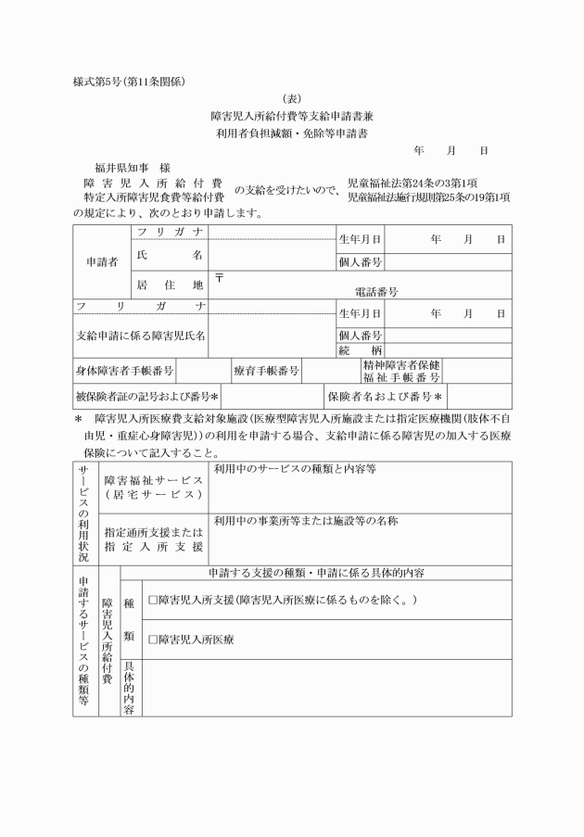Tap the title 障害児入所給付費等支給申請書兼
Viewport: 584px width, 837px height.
click(292, 117)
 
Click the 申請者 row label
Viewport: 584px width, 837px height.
click(102, 262)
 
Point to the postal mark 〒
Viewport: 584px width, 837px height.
click(220, 277)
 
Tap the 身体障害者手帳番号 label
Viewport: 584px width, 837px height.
click(125, 371)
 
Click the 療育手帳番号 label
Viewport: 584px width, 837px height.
click(266, 371)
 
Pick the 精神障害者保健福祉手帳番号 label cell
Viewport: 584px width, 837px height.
click(401, 371)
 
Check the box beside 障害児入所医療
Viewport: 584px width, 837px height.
click(153, 640)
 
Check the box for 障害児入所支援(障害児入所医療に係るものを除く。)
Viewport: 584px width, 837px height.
click(153, 601)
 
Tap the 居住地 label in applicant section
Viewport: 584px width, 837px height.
click(170, 284)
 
